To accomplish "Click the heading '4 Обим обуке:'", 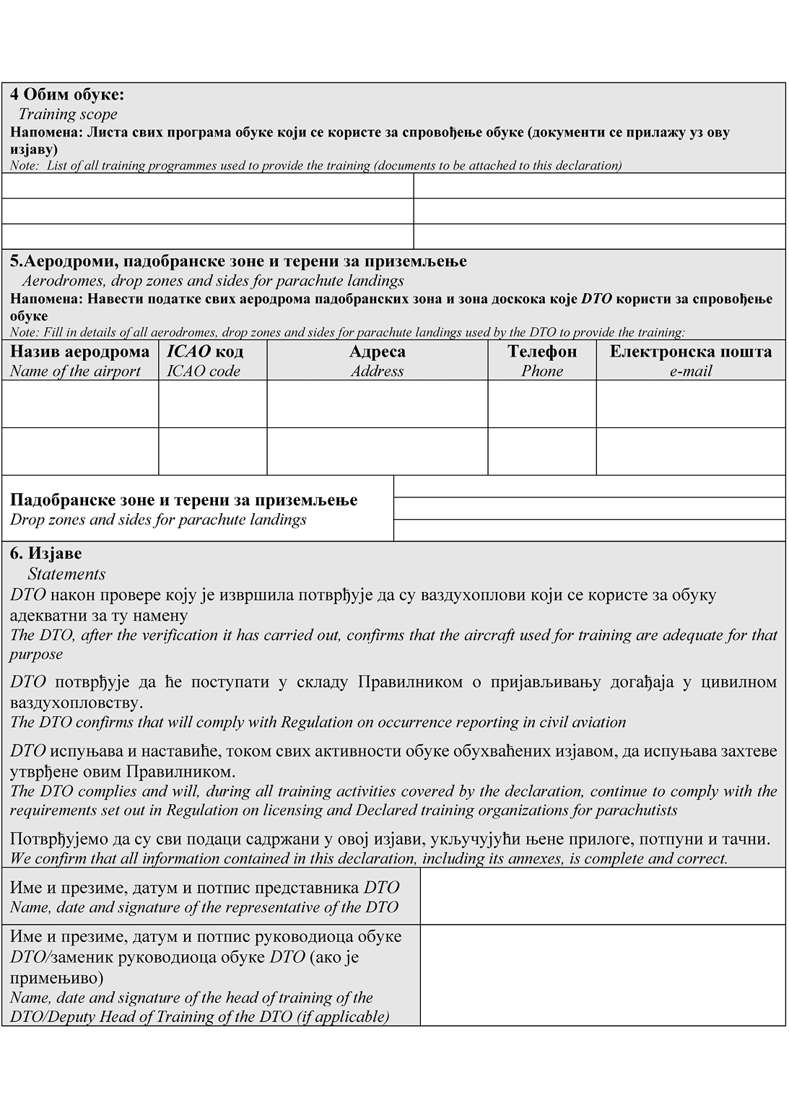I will tap(67, 95).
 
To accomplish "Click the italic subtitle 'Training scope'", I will tap(67, 114).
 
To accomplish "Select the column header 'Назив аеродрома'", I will tap(80, 352).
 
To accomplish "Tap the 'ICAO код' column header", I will tap(205, 352).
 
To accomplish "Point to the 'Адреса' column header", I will tap(377, 352).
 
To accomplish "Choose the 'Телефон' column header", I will tap(542, 352).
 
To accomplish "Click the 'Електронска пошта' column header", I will tap(690, 352).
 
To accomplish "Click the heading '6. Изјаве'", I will tap(46, 554).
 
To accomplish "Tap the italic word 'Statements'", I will tap(66, 574).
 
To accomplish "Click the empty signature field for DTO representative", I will tap(602, 896).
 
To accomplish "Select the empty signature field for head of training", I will tap(602, 974).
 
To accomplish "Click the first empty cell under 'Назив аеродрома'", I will tap(80, 403).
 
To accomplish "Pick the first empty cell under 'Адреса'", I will tap(377, 403).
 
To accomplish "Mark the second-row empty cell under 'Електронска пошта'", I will tap(690, 451).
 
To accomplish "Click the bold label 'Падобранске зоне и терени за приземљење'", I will tap(184, 500).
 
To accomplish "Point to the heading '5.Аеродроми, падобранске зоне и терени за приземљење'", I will tap(238, 261).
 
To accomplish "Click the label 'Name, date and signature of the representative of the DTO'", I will tap(204, 907).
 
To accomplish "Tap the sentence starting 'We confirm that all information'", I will tap(368, 858).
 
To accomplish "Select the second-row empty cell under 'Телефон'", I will tap(542, 451).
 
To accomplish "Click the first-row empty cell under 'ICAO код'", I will tap(212, 403).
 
